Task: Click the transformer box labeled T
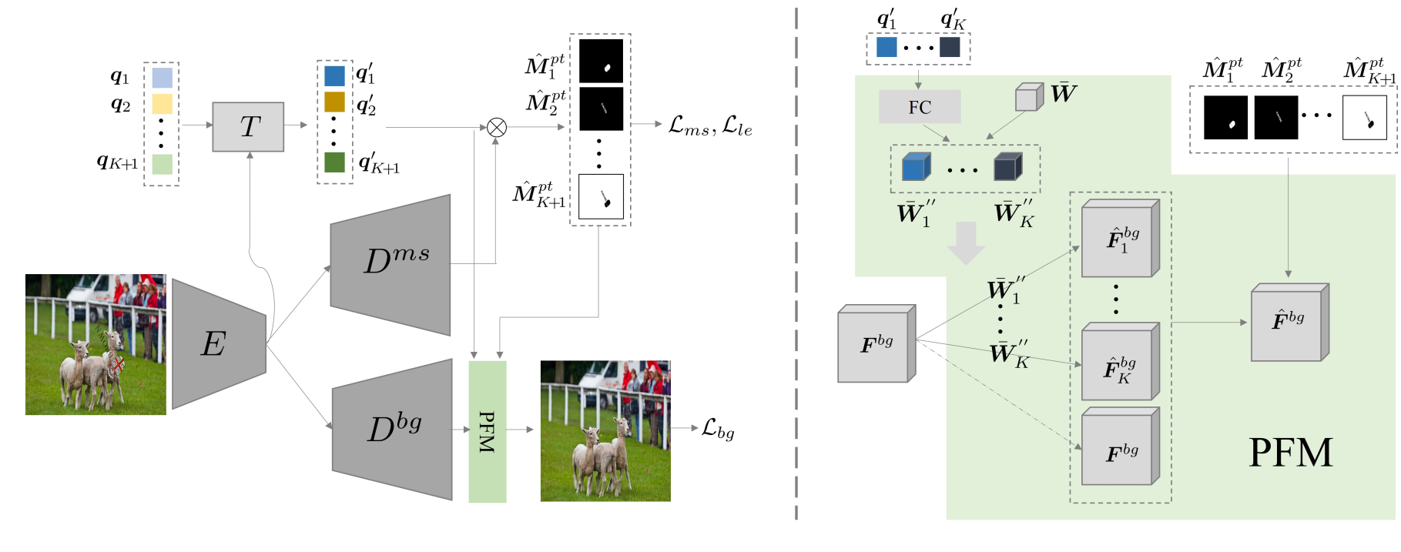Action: coord(248,127)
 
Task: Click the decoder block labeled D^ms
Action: coord(393,263)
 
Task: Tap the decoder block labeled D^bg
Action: coord(394,430)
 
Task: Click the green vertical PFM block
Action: coord(487,431)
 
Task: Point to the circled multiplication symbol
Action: coord(497,127)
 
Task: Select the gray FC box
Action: coord(920,107)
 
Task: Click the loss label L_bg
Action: coord(718,429)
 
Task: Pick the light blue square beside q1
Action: coord(162,78)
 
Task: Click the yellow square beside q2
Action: coord(162,104)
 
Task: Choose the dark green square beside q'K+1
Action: coord(334,162)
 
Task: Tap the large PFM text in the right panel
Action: coord(1290,453)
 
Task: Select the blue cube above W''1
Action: coord(916,166)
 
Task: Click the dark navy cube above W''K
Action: coord(1007,166)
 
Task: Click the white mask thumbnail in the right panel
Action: coord(1364,118)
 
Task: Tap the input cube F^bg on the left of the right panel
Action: coord(876,344)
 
